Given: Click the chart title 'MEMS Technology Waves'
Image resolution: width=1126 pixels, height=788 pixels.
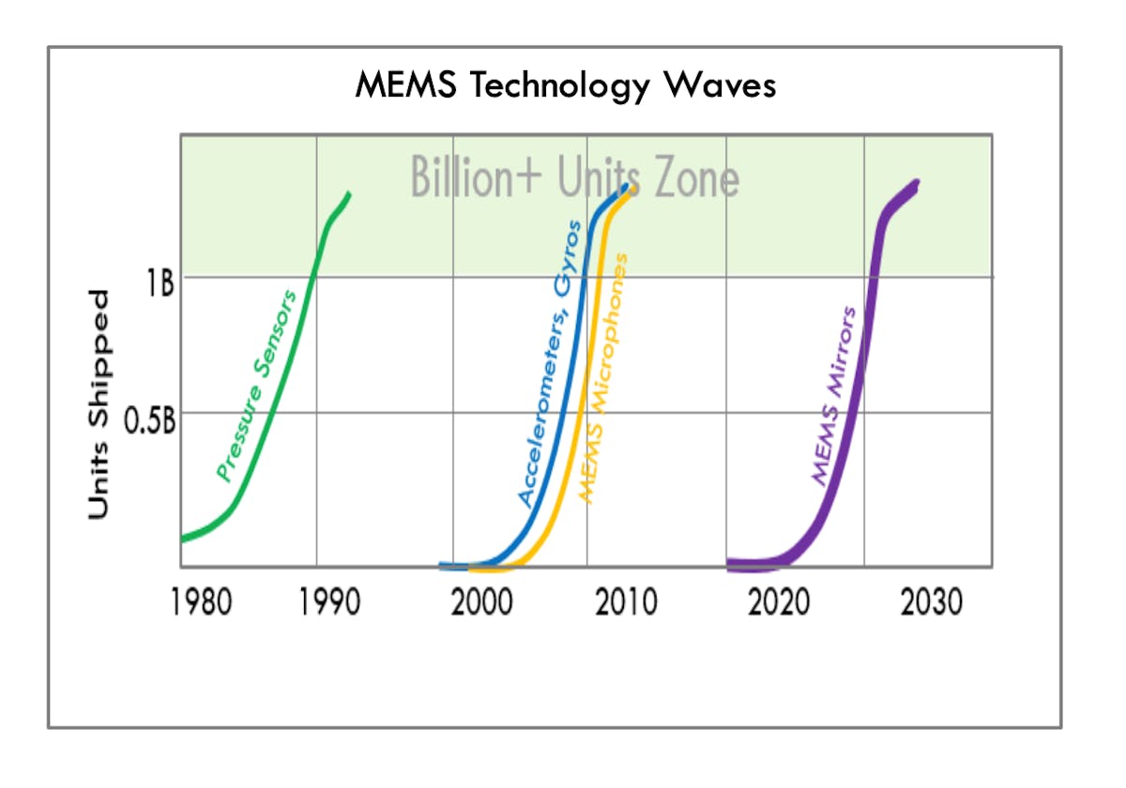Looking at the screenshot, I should [x=565, y=85].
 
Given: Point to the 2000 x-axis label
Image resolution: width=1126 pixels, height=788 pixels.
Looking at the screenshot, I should [x=481, y=602].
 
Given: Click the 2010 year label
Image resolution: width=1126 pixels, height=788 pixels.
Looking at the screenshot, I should [x=626, y=602].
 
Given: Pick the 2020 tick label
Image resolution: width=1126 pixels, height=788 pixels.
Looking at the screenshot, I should [x=779, y=602].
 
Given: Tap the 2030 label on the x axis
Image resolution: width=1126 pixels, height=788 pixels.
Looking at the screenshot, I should [x=932, y=602].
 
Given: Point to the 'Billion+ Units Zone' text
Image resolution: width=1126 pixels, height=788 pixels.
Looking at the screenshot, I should [x=574, y=177].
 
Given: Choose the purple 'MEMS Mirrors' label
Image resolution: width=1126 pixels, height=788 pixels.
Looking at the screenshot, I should [x=833, y=395].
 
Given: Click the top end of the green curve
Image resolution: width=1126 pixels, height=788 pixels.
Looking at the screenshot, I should [x=350, y=193].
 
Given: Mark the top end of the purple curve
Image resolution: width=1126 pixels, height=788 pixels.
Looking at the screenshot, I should [x=916, y=183].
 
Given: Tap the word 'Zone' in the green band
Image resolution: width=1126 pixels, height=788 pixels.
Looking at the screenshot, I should [x=696, y=177].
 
